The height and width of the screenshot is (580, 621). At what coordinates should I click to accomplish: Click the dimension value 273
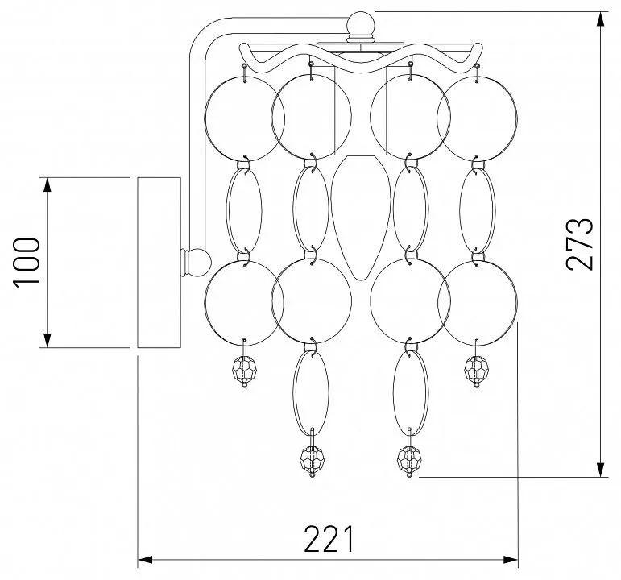(581, 244)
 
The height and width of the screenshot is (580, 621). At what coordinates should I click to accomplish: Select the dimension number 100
(27, 263)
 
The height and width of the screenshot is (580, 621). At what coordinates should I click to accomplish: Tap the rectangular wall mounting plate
(159, 263)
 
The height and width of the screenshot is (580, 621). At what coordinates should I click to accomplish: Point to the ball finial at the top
(360, 24)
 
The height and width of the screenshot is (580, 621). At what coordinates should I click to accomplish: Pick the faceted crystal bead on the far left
(244, 369)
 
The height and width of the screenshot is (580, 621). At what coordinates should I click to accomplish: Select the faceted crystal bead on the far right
(477, 369)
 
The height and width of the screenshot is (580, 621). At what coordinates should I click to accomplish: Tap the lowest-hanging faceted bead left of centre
(313, 459)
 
